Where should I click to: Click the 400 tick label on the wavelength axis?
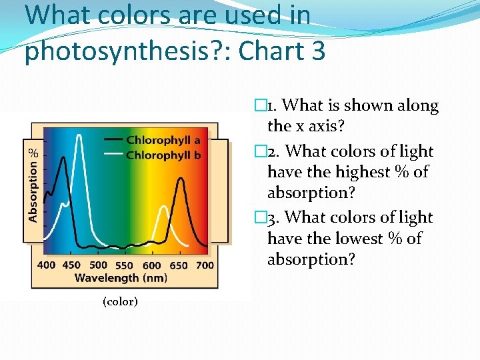coord(46,265)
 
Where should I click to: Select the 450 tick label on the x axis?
coord(71,265)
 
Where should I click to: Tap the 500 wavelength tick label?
coord(98,265)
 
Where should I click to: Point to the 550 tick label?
coord(125,265)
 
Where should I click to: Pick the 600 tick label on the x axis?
coord(151,265)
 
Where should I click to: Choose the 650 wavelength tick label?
coord(178,265)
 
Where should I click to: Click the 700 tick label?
coord(205,265)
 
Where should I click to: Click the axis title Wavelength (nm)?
coord(120,277)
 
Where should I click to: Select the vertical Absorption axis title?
coord(33,189)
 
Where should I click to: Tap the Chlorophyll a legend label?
coord(163,141)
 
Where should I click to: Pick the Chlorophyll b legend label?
coord(163,155)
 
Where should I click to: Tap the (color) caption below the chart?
coord(120,302)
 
